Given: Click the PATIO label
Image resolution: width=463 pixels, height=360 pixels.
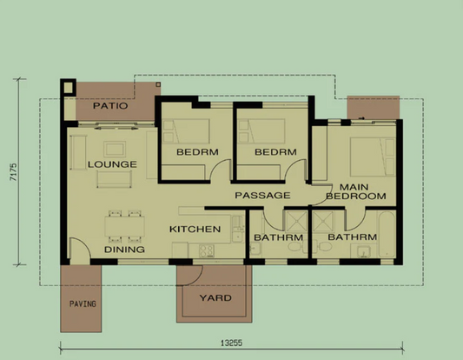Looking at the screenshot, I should pos(109,106).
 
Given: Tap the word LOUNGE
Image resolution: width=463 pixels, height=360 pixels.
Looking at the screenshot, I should pos(111,163).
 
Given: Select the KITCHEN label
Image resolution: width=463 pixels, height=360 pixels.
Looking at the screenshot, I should pos(195,230).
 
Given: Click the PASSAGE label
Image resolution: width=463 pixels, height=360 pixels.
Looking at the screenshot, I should pos(262,196).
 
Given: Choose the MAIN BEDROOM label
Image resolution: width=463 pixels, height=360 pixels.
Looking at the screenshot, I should pos(362,192).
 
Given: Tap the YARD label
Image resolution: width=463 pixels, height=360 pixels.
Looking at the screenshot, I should pos(215,298).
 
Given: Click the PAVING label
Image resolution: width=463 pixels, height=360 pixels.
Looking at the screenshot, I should pos(83,304).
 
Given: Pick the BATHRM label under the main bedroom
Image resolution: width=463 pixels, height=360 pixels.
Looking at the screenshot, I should pos(353,237).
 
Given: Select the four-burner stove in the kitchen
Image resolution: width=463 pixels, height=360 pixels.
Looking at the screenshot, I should pos(207,250).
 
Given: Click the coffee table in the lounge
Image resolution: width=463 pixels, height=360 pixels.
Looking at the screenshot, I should pos(110,178).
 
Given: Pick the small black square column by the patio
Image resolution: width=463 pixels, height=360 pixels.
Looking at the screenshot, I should pos(68,87).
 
